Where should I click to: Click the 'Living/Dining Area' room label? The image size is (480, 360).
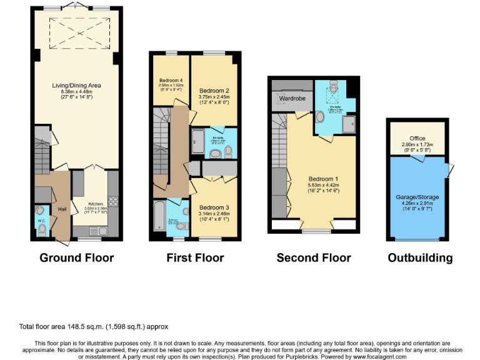point(77,85)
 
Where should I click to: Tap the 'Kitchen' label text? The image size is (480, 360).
point(95,204)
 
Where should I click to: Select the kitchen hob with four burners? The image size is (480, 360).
point(114,202)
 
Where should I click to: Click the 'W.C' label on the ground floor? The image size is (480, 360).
point(41,221)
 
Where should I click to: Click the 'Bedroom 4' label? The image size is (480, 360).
point(171,81)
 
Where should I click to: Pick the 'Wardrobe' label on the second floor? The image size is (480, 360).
point(291,99)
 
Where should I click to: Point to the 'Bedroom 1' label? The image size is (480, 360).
point(322,178)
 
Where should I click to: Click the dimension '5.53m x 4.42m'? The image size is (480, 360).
point(322,185)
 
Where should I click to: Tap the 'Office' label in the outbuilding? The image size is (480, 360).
point(417,138)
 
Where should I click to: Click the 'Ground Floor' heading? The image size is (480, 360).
point(76,257)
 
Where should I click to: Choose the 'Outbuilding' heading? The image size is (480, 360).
point(420,257)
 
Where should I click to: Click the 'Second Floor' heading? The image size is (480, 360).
point(314,257)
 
